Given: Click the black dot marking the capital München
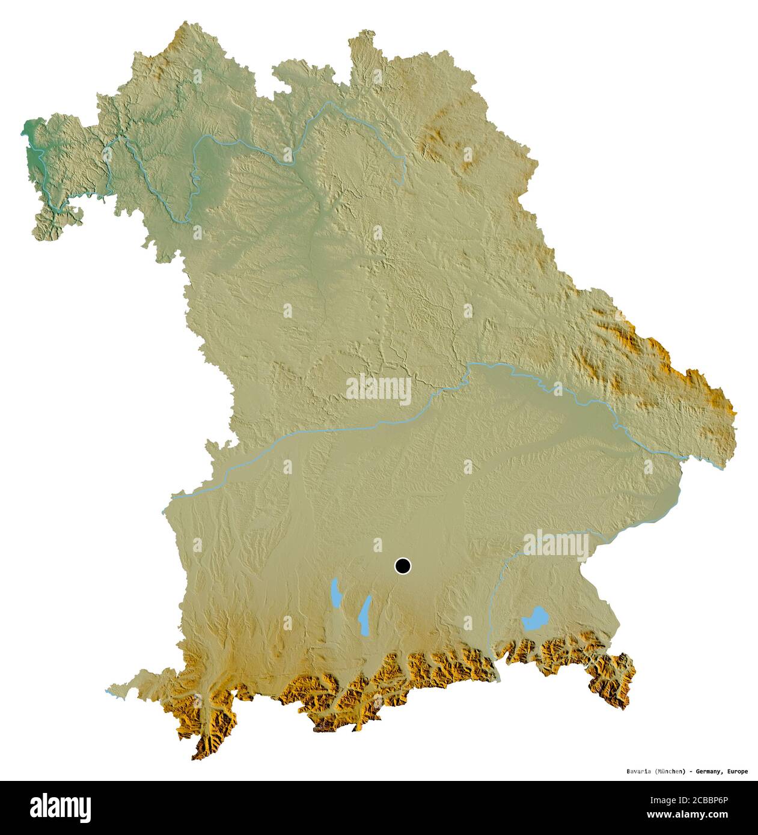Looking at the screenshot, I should point(403,566).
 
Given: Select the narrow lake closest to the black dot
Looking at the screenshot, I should point(364,616).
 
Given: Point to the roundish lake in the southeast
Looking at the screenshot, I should point(535,619).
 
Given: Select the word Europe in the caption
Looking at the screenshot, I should point(737,771).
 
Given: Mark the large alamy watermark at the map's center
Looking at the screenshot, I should point(379,389).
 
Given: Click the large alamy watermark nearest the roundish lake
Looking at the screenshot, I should point(556,545).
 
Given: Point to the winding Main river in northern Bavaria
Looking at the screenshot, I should point(252,143).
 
